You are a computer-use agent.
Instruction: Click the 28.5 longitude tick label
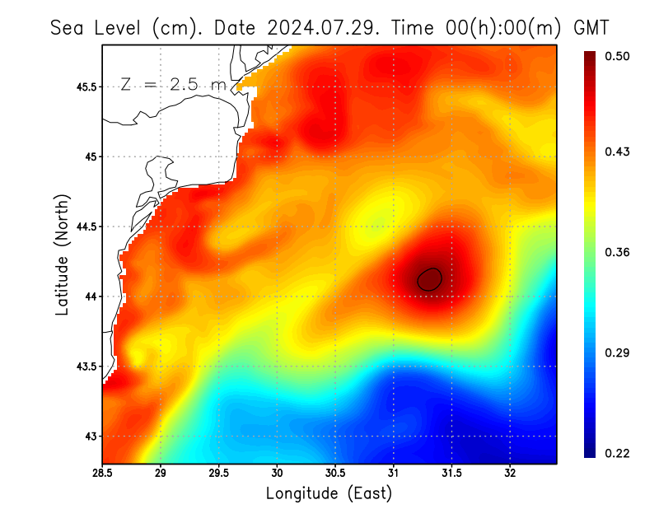point(102,474)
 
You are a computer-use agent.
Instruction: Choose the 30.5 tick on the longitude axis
point(335,474)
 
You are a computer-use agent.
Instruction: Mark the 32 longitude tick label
point(510,474)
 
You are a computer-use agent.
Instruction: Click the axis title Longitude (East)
point(329,493)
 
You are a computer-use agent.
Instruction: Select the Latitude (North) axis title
point(63,254)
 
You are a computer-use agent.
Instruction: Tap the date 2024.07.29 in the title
point(321,28)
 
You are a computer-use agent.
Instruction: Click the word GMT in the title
point(591,28)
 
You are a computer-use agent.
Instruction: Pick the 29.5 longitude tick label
point(218,474)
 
